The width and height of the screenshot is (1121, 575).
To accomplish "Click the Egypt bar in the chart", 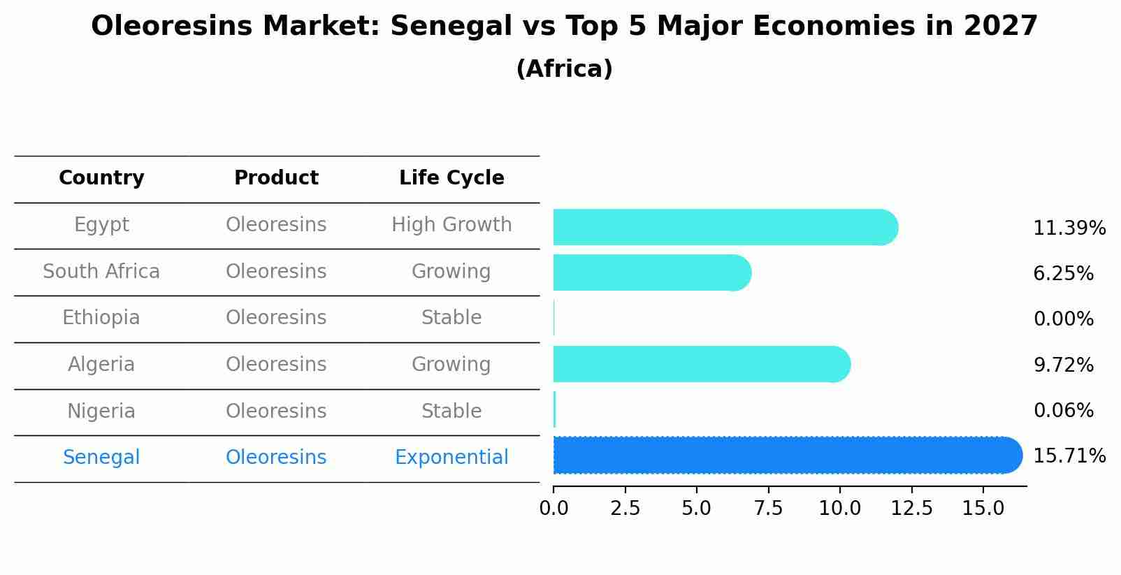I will pyautogui.click(x=725, y=227).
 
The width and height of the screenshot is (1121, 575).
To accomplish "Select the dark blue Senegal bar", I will pyautogui.click(x=787, y=456).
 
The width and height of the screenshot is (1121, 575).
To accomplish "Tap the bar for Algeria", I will pyautogui.click(x=701, y=364).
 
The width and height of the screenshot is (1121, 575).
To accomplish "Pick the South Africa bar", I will pyautogui.click(x=651, y=272).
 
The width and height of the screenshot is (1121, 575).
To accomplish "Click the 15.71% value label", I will pyautogui.click(x=1069, y=456).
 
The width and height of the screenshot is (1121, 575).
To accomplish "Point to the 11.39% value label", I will pyautogui.click(x=1069, y=228).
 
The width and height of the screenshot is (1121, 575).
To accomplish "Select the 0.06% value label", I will pyautogui.click(x=1063, y=411).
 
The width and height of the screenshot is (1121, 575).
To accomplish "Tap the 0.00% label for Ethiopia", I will pyautogui.click(x=1063, y=319).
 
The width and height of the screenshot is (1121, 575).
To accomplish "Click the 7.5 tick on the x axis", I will pyautogui.click(x=768, y=509).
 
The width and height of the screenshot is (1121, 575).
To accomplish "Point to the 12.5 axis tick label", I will pyautogui.click(x=911, y=509).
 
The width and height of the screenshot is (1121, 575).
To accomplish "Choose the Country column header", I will pyautogui.click(x=101, y=178).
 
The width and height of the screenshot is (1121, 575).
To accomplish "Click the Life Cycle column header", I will pyautogui.click(x=451, y=178).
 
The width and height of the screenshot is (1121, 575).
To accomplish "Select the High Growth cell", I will pyautogui.click(x=451, y=225).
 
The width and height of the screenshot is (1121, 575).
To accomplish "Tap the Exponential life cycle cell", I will pyautogui.click(x=451, y=458).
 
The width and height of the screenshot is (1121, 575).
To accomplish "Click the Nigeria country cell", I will pyautogui.click(x=101, y=412).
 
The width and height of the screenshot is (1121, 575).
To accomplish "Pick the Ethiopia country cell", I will pyautogui.click(x=101, y=318).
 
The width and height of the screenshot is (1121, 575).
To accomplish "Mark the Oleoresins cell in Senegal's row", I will pyautogui.click(x=276, y=458).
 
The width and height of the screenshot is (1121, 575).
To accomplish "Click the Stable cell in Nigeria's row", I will pyautogui.click(x=451, y=412).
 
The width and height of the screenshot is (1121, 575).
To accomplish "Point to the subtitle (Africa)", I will pyautogui.click(x=564, y=69).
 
